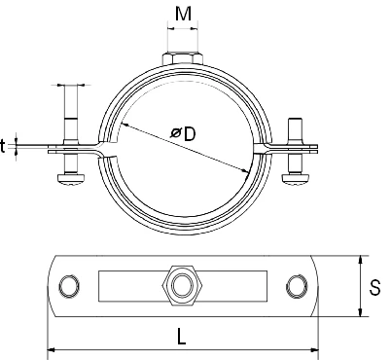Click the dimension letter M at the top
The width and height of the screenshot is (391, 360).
[183, 14]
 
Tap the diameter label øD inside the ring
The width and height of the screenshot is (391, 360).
[184, 133]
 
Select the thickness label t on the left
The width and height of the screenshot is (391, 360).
[3, 146]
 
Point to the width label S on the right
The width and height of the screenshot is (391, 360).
[375, 287]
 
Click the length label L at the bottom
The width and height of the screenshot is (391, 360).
[182, 337]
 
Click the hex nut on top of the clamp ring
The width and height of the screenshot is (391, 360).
[183, 58]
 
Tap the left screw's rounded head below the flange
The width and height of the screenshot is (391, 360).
[71, 179]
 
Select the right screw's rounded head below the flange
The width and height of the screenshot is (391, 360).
[296, 179]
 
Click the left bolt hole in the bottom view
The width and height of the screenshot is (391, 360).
[69, 286]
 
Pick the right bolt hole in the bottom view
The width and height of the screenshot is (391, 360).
[297, 286]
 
